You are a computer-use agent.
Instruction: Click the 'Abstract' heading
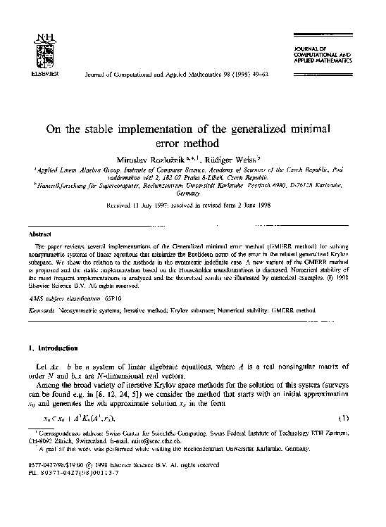tap(37, 233)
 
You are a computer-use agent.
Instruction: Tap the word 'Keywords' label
tap(42, 310)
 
